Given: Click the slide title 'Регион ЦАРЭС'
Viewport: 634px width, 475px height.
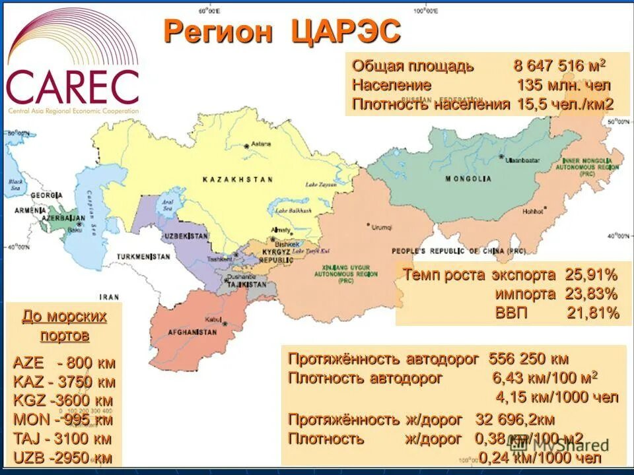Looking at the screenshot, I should (282, 31).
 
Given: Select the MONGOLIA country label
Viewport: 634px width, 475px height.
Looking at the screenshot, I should (468, 179).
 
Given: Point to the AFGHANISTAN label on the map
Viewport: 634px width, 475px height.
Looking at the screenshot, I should (192, 332).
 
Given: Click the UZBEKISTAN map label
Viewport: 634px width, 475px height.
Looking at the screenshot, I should (188, 236).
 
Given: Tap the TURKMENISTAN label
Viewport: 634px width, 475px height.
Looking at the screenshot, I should (144, 256).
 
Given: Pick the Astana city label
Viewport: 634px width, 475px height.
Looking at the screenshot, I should (261, 143).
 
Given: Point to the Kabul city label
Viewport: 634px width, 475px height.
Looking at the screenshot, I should (213, 320).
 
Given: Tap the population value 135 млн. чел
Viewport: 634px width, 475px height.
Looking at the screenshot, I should (563, 85).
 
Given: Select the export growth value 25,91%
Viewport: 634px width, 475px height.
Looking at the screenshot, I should (590, 274).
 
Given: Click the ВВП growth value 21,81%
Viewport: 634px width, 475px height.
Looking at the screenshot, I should (592, 313).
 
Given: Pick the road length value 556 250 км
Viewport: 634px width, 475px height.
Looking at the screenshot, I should (528, 360).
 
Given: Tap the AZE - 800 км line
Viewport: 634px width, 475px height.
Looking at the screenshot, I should (64, 363).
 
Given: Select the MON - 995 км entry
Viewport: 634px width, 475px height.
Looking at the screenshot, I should (63, 420).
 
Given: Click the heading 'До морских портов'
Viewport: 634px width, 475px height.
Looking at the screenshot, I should (64, 325).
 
